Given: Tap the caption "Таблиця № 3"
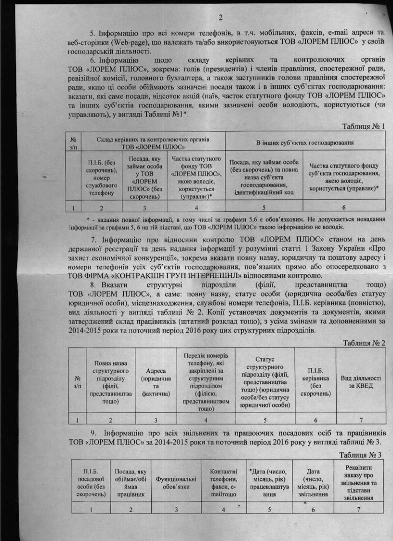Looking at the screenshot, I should click(361, 455).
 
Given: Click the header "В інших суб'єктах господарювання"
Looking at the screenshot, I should click(302, 143).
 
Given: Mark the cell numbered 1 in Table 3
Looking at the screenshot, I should click(91, 509).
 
